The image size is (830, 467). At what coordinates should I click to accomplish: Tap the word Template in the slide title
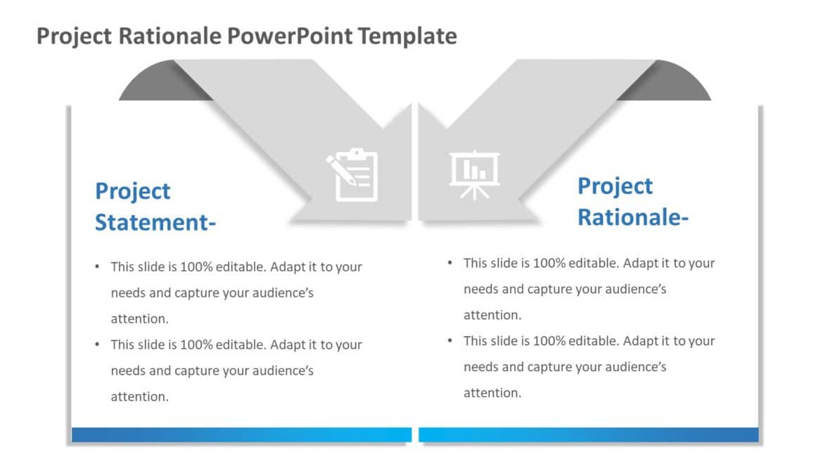point(407,35)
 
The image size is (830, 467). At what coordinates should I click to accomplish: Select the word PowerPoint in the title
point(292,35)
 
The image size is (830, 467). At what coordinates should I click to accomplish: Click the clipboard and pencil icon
point(352,175)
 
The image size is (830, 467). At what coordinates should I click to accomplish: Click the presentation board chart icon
point(474,175)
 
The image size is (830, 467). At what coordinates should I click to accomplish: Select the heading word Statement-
point(155,222)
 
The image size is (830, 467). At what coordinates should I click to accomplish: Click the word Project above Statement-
point(133,191)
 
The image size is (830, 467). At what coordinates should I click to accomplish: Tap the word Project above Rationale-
point(615,186)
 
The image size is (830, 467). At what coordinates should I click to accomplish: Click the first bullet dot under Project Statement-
point(97,267)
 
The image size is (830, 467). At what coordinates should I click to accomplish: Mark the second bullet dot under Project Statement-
point(97,345)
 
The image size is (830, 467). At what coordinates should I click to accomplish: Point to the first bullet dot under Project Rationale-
point(449,263)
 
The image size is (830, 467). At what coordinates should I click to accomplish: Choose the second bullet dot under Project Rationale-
point(449,340)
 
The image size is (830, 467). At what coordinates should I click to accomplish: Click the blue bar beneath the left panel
point(241,435)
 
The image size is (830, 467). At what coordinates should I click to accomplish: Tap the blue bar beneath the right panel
point(589,435)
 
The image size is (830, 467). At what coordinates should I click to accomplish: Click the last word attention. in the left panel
point(140,397)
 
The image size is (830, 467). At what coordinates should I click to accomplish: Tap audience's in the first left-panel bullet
point(279,293)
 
